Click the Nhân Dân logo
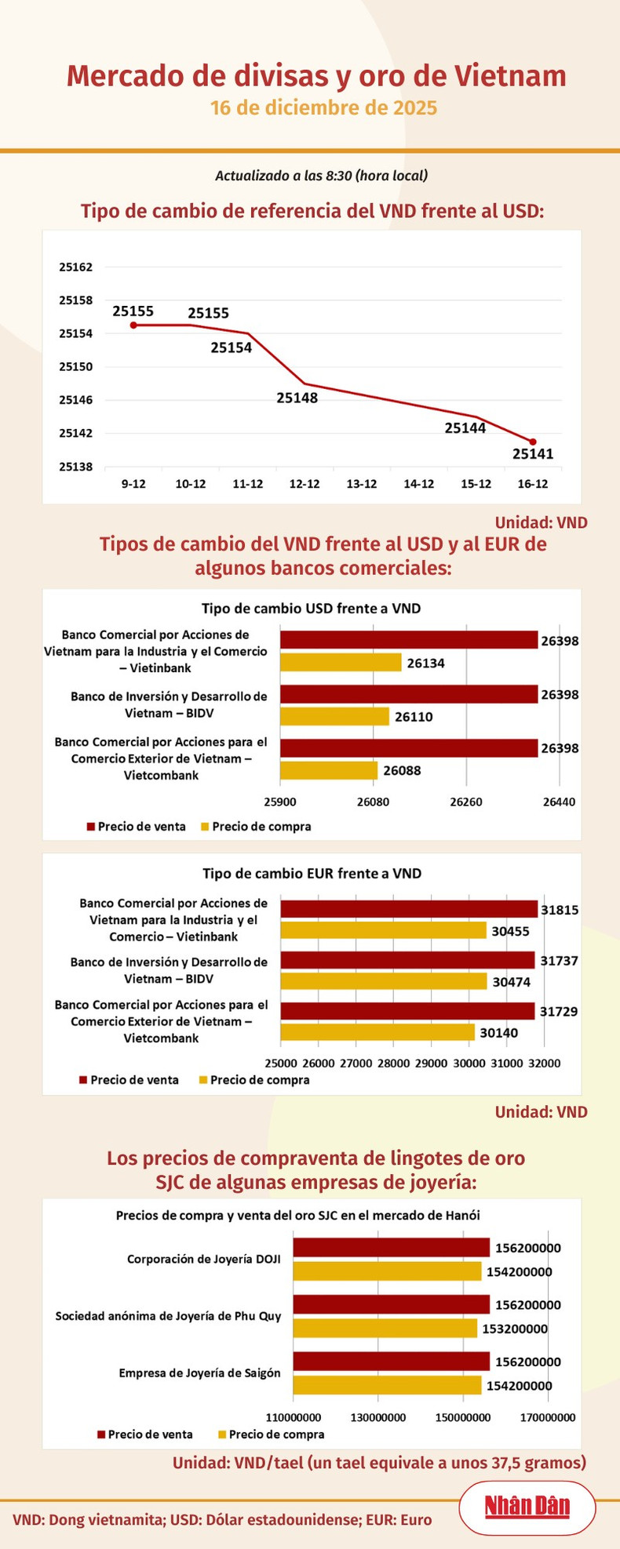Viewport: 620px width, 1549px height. (x=527, y=1506)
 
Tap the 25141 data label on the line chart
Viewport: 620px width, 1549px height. (x=533, y=454)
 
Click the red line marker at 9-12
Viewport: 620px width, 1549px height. (x=133, y=325)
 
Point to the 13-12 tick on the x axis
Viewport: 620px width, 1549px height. (x=362, y=484)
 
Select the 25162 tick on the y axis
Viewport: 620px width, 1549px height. (x=76, y=267)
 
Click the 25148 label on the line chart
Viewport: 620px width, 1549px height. (x=297, y=398)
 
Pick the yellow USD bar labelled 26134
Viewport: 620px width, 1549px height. (x=341, y=663)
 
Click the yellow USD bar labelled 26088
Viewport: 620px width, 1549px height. (x=329, y=770)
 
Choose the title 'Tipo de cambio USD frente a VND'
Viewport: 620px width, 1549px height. (x=311, y=609)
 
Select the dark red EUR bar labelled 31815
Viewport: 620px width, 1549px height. (x=409, y=909)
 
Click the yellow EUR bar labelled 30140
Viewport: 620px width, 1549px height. (x=377, y=1032)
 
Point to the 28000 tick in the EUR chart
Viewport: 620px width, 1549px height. (x=393, y=1064)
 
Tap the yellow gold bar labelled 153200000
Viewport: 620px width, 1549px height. (x=385, y=1329)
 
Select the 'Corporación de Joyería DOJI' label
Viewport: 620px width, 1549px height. (x=203, y=1260)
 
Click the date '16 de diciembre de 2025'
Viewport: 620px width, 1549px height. (x=323, y=107)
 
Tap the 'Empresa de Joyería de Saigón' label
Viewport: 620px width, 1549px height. (x=199, y=1373)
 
